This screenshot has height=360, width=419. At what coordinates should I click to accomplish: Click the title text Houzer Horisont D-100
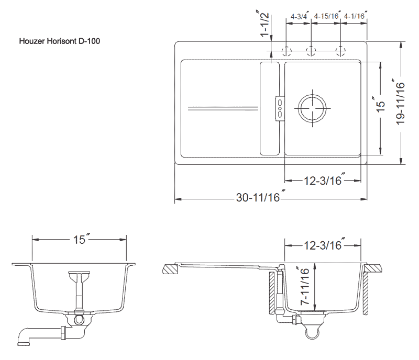(60, 41)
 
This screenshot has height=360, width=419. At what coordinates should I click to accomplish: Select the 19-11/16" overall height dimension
(400, 102)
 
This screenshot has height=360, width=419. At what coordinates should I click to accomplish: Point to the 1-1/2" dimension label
(264, 24)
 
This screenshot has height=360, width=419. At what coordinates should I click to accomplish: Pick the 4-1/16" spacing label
(356, 16)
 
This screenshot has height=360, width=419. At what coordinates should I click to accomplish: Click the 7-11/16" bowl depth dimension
(304, 286)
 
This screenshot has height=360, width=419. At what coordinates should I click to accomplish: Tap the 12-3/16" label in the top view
(324, 181)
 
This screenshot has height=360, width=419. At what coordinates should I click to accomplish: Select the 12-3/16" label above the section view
(324, 245)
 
